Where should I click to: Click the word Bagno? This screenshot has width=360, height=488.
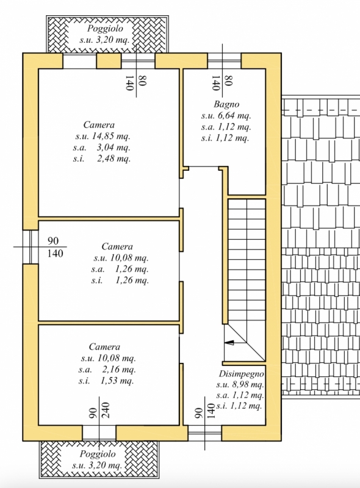[x=226, y=104]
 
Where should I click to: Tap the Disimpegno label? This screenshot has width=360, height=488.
[x=242, y=374]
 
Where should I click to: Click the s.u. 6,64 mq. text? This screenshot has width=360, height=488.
[x=226, y=116]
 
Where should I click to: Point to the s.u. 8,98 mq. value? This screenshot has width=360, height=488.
[x=240, y=385]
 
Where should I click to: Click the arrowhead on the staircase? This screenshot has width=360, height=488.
[x=229, y=343]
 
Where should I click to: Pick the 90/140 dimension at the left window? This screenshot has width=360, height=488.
[x=55, y=247]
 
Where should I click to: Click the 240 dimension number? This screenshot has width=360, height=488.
[x=106, y=410]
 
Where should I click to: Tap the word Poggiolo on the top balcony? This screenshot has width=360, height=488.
[x=105, y=29]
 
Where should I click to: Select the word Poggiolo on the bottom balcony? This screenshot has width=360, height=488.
[x=98, y=454]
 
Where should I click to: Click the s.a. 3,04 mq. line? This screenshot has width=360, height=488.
[x=102, y=147]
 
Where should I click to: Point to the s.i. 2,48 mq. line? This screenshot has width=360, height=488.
[x=102, y=159]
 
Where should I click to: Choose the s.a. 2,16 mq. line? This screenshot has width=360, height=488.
[x=107, y=370]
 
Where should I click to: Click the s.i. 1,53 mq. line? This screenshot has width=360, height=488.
[x=106, y=381]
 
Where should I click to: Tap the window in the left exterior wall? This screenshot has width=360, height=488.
[x=31, y=247]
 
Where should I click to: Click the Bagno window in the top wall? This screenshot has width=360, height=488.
[x=224, y=60]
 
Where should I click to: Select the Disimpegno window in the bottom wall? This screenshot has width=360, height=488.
[x=205, y=433]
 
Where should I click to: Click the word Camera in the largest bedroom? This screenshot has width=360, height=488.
[x=99, y=125]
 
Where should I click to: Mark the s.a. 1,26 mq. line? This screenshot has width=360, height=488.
[x=120, y=269]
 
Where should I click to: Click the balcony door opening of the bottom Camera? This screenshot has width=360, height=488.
[x=99, y=433]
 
